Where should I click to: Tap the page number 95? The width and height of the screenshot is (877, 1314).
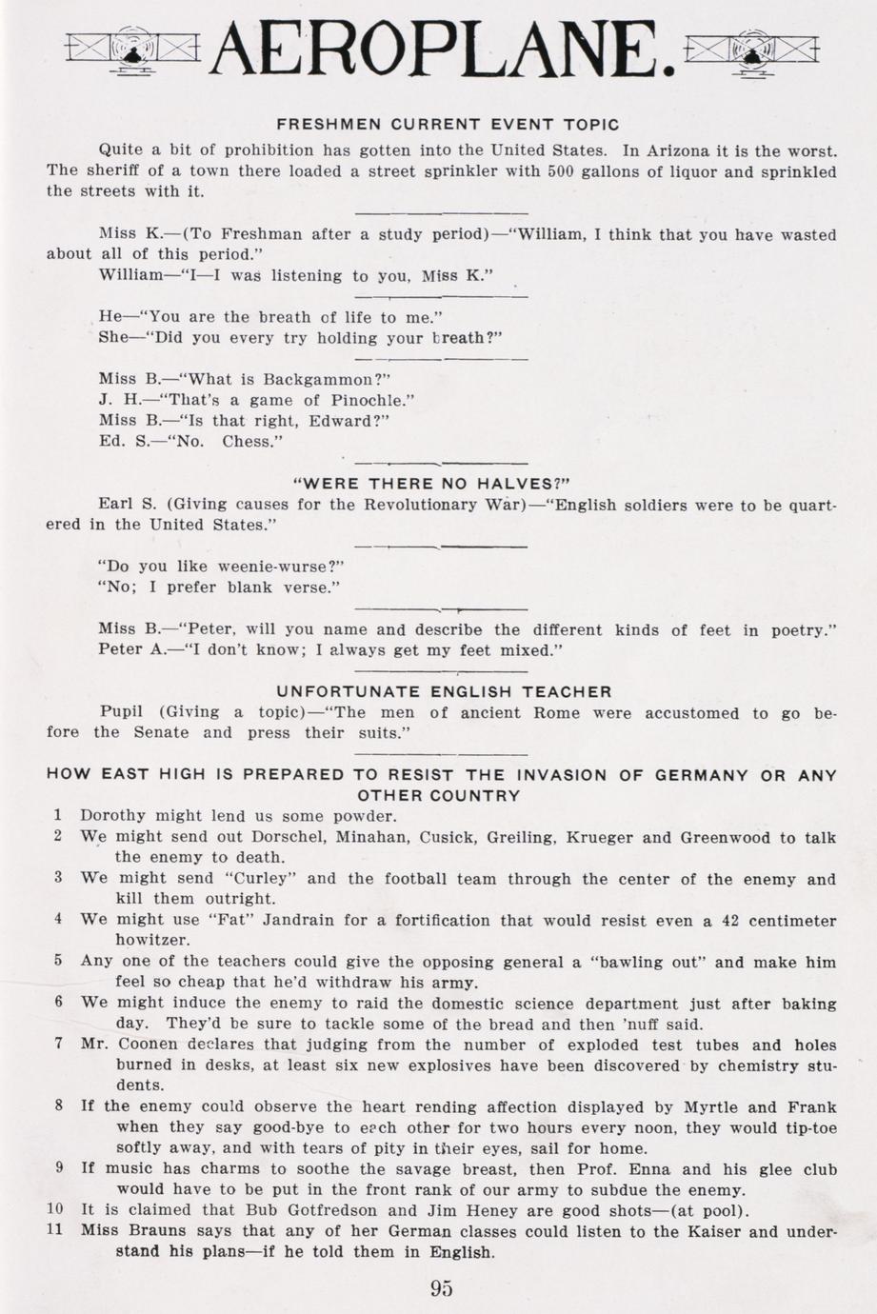coord(441,1288)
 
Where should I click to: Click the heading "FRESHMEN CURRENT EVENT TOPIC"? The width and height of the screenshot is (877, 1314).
coord(448,125)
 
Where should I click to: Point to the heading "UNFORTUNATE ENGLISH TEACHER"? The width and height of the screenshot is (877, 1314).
coord(444,691)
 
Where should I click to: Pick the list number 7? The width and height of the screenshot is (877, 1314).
coord(58,1043)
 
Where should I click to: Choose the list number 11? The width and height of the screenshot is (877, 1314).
coord(54,1229)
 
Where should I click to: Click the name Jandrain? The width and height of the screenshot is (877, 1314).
coord(304,921)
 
